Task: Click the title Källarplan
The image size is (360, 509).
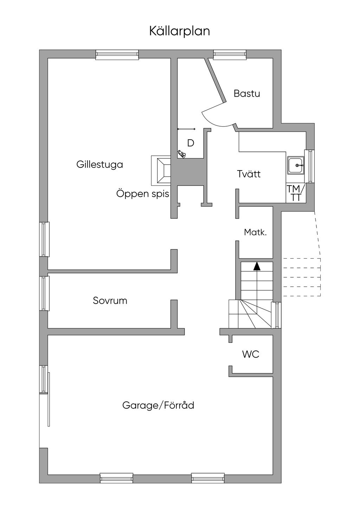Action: coord(180,31)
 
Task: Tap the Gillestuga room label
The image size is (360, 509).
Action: coord(99,165)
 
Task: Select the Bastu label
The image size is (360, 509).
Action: coord(247,94)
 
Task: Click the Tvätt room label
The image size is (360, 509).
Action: coord(249,174)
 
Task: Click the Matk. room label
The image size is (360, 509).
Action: coord(255,232)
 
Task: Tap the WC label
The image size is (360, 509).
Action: coord(251,354)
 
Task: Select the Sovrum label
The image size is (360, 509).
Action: coord(110,301)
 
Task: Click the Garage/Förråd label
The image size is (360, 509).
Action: coord(158,405)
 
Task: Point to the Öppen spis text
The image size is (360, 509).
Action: coord(143,194)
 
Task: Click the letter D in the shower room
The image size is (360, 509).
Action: coord(191,143)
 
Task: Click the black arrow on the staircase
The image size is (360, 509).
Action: coord(257,266)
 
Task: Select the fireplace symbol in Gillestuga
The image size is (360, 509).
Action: coord(161,170)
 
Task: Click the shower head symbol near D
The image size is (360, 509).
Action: coord(182,153)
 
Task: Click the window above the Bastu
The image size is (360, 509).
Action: coord(230,54)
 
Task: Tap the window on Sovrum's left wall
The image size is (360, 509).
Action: coord(44,293)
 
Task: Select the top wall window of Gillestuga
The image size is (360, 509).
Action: coord(117,54)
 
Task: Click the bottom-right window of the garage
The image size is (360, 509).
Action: coord(208,478)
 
